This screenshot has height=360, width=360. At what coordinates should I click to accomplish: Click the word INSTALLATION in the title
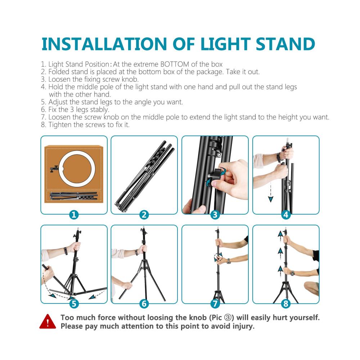pyautogui.click(x=104, y=44)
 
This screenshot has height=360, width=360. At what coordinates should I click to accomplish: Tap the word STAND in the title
pyautogui.click(x=285, y=44)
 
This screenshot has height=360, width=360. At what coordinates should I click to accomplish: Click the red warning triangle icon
pyautogui.click(x=48, y=321)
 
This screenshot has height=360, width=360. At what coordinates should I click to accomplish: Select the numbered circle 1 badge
pyautogui.click(x=74, y=215)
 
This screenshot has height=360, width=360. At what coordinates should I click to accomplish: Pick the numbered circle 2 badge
pyautogui.click(x=144, y=215)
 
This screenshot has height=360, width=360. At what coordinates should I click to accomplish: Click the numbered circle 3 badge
pyautogui.click(x=215, y=215)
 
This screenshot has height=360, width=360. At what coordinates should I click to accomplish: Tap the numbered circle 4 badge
pyautogui.click(x=286, y=215)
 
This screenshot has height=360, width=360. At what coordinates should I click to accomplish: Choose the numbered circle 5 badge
pyautogui.click(x=74, y=304)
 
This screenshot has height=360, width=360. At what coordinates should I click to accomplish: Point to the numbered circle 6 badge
pyautogui.click(x=144, y=304)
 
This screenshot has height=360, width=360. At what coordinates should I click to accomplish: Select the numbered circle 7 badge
pyautogui.click(x=215, y=304)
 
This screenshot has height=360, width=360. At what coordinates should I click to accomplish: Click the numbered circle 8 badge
pyautogui.click(x=286, y=304)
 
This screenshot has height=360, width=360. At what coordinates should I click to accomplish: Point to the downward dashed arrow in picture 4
pyautogui.click(x=271, y=192)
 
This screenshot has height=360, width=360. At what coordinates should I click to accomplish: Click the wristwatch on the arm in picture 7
pyautogui.click(x=229, y=261)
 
